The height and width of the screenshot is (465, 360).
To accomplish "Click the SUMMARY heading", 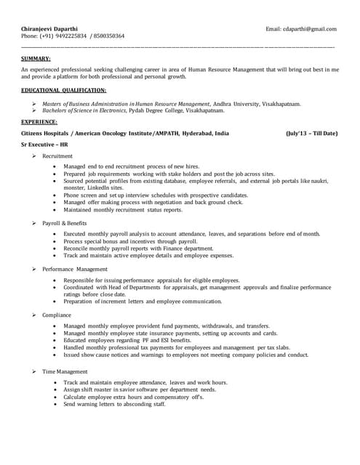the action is pyautogui.click(x=36, y=57).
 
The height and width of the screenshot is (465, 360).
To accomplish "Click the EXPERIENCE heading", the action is pyautogui.click(x=39, y=121).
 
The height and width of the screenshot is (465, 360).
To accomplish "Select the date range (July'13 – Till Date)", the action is pyautogui.click(x=311, y=134).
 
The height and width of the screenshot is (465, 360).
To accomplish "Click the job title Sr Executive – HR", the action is pyautogui.click(x=47, y=145).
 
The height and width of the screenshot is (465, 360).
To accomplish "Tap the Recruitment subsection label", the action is pyautogui.click(x=57, y=156).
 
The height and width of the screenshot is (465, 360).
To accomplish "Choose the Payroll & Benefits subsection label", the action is pyautogui.click(x=65, y=222).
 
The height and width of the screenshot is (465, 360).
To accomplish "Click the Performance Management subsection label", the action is pyautogui.click(x=75, y=269).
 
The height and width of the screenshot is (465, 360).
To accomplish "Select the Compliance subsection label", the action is pyautogui.click(x=57, y=315).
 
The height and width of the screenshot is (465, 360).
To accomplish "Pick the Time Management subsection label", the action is pyautogui.click(x=65, y=371).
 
